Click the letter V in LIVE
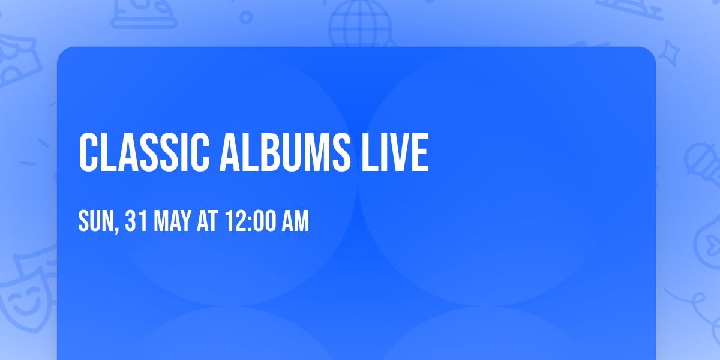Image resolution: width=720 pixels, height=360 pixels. click(399, 153)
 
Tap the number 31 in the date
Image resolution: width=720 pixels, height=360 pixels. click(137, 221)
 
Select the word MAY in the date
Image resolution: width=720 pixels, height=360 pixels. click(173, 221)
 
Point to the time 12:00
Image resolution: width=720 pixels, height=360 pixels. click(250, 221)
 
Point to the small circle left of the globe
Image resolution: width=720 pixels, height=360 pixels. click(246, 17)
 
